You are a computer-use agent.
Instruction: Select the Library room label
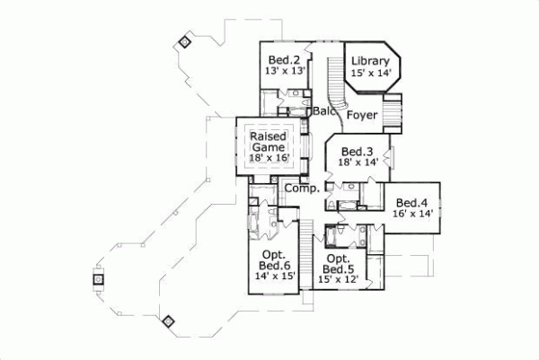tap(370, 62)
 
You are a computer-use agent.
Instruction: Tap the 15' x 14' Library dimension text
tap(370, 74)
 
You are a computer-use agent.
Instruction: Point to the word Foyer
tap(363, 114)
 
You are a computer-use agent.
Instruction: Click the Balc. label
tap(324, 111)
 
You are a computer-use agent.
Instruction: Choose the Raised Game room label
tap(269, 140)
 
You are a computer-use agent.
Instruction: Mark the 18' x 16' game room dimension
tap(269, 157)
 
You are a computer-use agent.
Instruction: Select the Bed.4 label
tap(412, 203)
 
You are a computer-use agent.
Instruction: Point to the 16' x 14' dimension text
tap(412, 214)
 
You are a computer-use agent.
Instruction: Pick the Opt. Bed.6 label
tap(274, 260)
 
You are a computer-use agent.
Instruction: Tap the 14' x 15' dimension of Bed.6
tap(274, 277)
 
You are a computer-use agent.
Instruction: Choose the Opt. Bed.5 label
tap(338, 264)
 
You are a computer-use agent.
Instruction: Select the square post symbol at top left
tap(184, 41)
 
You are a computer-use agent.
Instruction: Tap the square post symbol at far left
tap(96, 279)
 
